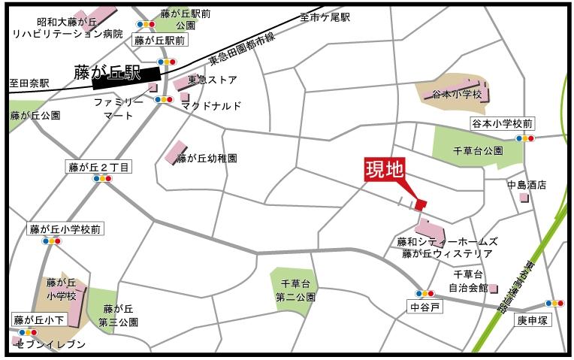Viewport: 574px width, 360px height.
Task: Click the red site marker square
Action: [x=420, y=204]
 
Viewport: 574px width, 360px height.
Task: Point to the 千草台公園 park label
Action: [x=478, y=150]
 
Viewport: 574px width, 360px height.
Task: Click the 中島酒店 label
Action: [x=526, y=184]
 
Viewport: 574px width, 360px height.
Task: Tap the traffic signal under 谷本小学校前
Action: [x=524, y=138]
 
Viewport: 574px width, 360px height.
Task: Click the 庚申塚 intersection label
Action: [x=534, y=319]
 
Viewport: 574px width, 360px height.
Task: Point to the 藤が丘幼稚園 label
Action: [x=212, y=159]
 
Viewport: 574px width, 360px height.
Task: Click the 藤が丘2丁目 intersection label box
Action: [x=98, y=167]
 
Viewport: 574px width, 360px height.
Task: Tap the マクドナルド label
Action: [x=212, y=107]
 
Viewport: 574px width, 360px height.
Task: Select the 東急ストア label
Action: [x=212, y=80]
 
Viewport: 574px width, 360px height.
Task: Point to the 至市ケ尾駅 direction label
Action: [x=325, y=17]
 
